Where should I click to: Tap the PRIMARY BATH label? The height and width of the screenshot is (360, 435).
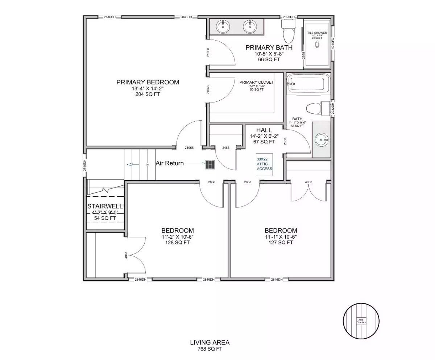269,47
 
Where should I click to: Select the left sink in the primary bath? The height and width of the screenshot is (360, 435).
222,26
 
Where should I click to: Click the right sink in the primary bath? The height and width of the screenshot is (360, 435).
249,26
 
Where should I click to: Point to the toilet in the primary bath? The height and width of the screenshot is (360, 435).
289,32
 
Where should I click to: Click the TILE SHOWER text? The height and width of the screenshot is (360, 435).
317,33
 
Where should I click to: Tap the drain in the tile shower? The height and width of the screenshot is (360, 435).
317,45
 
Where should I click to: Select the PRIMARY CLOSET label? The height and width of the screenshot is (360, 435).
257,82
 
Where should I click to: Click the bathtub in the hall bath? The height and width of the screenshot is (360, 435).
308,84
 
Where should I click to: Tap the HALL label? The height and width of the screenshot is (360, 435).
264,130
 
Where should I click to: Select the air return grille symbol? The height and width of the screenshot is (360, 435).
210,165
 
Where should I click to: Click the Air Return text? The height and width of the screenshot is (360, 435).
170,163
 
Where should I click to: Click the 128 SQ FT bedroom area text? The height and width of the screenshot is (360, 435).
177,243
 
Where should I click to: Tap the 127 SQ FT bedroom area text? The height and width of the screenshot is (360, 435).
281,243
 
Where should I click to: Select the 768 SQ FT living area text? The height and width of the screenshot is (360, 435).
210,349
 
